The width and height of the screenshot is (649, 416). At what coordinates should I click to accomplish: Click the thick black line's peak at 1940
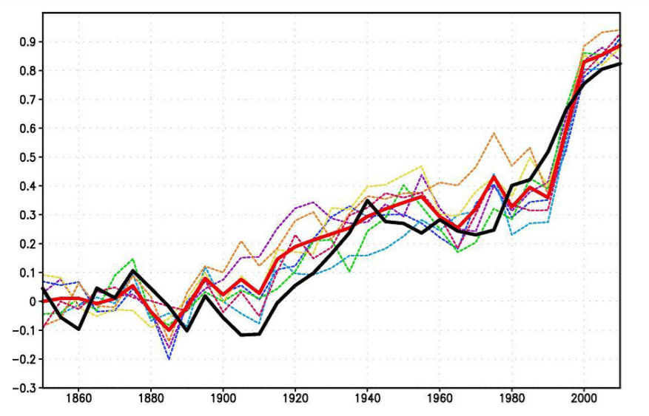coord(368,200)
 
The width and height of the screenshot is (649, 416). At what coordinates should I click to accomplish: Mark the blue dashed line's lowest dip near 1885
coord(169,359)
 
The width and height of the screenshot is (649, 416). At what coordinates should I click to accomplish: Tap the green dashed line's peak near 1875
coord(132,259)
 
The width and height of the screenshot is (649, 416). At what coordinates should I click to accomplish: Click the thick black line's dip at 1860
coord(78,329)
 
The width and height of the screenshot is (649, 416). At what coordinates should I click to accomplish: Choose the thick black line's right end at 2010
coord(620,64)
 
